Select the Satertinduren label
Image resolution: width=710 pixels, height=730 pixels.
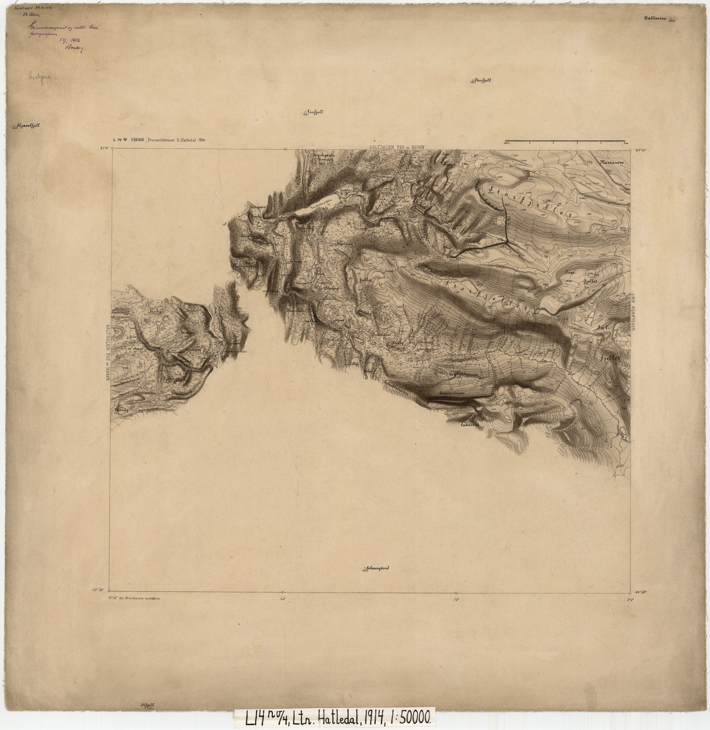[449, 393]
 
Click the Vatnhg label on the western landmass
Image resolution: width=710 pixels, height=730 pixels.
[121, 409]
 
